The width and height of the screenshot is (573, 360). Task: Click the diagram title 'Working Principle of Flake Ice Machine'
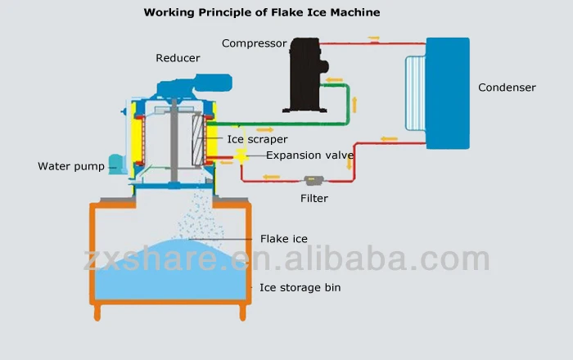click(x=262, y=12)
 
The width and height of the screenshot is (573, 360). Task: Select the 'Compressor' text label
click(x=254, y=43)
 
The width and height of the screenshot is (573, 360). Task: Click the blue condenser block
click(x=448, y=92)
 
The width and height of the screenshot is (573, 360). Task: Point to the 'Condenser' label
click(x=507, y=88)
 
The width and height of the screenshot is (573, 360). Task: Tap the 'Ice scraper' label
click(x=257, y=140)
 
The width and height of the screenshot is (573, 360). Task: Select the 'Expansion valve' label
click(x=309, y=155)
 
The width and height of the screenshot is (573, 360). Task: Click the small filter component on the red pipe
click(x=313, y=180)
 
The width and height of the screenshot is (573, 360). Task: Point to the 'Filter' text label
click(x=314, y=198)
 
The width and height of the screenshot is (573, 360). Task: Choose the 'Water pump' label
click(x=71, y=166)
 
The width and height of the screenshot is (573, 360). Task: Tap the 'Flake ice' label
click(x=283, y=239)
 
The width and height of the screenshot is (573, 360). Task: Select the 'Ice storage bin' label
click(x=300, y=287)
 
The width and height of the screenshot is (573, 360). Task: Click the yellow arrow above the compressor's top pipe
click(x=373, y=38)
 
